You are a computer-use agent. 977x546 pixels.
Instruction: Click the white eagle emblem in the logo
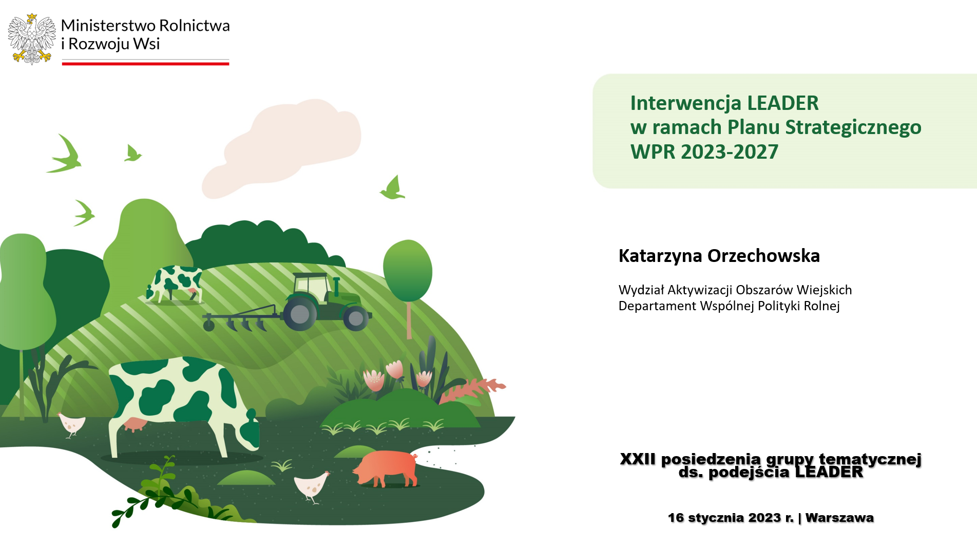click(x=32, y=39)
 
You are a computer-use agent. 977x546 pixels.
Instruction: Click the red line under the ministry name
click(x=145, y=64)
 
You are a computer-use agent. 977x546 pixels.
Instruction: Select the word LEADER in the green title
click(x=782, y=103)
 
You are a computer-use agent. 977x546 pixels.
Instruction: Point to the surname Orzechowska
click(x=763, y=256)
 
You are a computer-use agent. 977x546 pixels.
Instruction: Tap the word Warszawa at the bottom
click(x=839, y=518)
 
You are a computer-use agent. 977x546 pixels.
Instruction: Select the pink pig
click(x=386, y=468)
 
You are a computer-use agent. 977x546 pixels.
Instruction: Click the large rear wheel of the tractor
click(x=300, y=314)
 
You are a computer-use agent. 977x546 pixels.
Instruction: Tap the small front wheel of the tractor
click(x=356, y=318)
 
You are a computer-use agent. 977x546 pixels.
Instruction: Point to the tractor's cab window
click(x=312, y=289)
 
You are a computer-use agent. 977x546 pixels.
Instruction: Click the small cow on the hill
click(x=175, y=284)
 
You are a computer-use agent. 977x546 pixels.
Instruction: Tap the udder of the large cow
click(x=133, y=424)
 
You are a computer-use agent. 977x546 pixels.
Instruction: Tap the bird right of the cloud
click(x=393, y=187)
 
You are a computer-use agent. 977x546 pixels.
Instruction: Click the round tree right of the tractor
click(x=408, y=271)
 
